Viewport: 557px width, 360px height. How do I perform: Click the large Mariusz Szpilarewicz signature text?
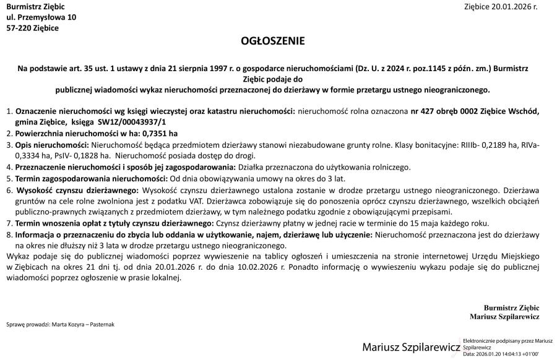411,346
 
